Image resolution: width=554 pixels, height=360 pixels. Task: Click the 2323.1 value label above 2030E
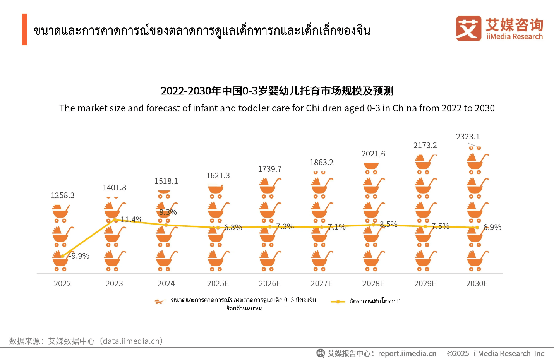click(468, 137)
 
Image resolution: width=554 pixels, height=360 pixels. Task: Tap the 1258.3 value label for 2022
click(62, 195)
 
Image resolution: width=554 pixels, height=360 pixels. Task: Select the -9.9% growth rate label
click(80, 256)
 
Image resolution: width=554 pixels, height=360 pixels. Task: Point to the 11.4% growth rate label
click(132, 219)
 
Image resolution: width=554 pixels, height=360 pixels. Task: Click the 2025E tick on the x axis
click(218, 284)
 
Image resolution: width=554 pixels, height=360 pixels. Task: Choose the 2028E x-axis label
click(373, 284)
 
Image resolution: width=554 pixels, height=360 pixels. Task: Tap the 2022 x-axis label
click(62, 284)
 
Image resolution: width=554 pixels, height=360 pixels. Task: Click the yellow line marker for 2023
click(114, 220)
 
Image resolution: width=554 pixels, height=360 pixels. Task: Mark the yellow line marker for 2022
click(63, 256)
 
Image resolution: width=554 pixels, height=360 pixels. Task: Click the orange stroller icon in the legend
click(160, 301)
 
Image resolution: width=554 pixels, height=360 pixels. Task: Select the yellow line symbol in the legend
click(338, 302)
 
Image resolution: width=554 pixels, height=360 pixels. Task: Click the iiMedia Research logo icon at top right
click(468, 28)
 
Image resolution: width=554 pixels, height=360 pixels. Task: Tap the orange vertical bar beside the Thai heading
click(24, 29)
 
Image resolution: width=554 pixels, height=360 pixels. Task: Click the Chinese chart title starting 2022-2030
click(277, 91)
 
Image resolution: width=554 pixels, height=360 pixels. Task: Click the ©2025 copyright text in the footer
click(458, 353)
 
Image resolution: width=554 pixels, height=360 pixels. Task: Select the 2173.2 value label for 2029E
click(425, 146)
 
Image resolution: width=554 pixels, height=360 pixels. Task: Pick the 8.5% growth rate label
click(389, 225)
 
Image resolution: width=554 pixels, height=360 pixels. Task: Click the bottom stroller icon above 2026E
click(269, 260)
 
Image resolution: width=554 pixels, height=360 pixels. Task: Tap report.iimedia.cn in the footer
click(407, 353)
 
